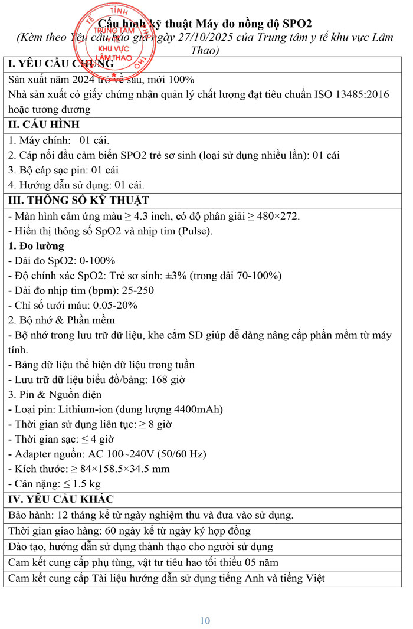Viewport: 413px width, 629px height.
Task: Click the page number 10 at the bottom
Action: (205, 620)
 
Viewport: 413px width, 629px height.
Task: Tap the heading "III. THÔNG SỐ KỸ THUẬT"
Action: (78, 200)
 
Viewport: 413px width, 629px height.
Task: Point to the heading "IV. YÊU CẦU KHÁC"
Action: (61, 499)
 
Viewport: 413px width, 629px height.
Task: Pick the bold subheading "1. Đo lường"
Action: (36, 245)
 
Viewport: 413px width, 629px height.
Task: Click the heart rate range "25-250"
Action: (140, 290)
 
